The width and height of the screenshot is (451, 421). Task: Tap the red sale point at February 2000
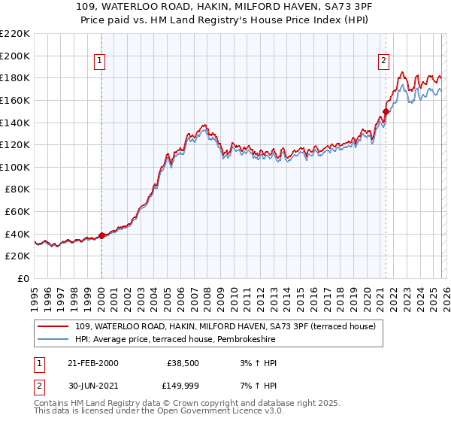pyautogui.click(x=101, y=235)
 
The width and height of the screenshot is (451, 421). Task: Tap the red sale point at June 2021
pyautogui.click(x=386, y=111)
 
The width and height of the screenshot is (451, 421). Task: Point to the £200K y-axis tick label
pyautogui.click(x=15, y=56)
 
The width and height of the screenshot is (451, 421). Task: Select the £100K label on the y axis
pyautogui.click(x=15, y=167)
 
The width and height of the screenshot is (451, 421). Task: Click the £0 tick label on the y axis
pyautogui.click(x=23, y=278)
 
